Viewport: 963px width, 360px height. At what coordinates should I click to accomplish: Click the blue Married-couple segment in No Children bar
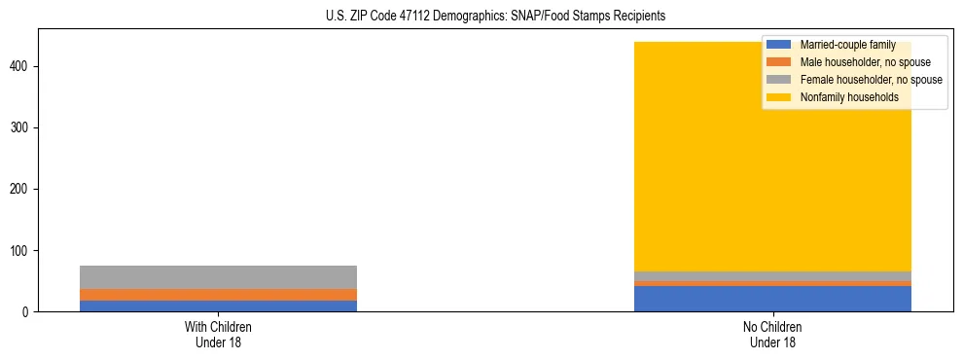pyautogui.click(x=772, y=299)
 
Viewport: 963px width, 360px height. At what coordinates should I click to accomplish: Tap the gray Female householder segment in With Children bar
pyautogui.click(x=218, y=277)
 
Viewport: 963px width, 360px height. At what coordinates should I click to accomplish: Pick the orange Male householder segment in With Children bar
pyautogui.click(x=218, y=295)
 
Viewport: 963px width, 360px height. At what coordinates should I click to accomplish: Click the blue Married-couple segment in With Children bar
pyautogui.click(x=218, y=306)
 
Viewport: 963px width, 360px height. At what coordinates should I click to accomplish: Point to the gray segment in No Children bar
pyautogui.click(x=772, y=276)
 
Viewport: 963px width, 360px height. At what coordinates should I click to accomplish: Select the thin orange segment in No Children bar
pyautogui.click(x=772, y=283)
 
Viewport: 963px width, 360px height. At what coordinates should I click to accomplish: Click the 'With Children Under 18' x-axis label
pyautogui.click(x=218, y=334)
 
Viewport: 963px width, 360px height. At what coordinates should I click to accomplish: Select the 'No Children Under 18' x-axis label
pyautogui.click(x=772, y=334)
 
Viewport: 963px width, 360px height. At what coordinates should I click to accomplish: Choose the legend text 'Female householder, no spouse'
pyautogui.click(x=871, y=80)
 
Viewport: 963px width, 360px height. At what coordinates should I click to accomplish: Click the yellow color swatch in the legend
pyautogui.click(x=778, y=97)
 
